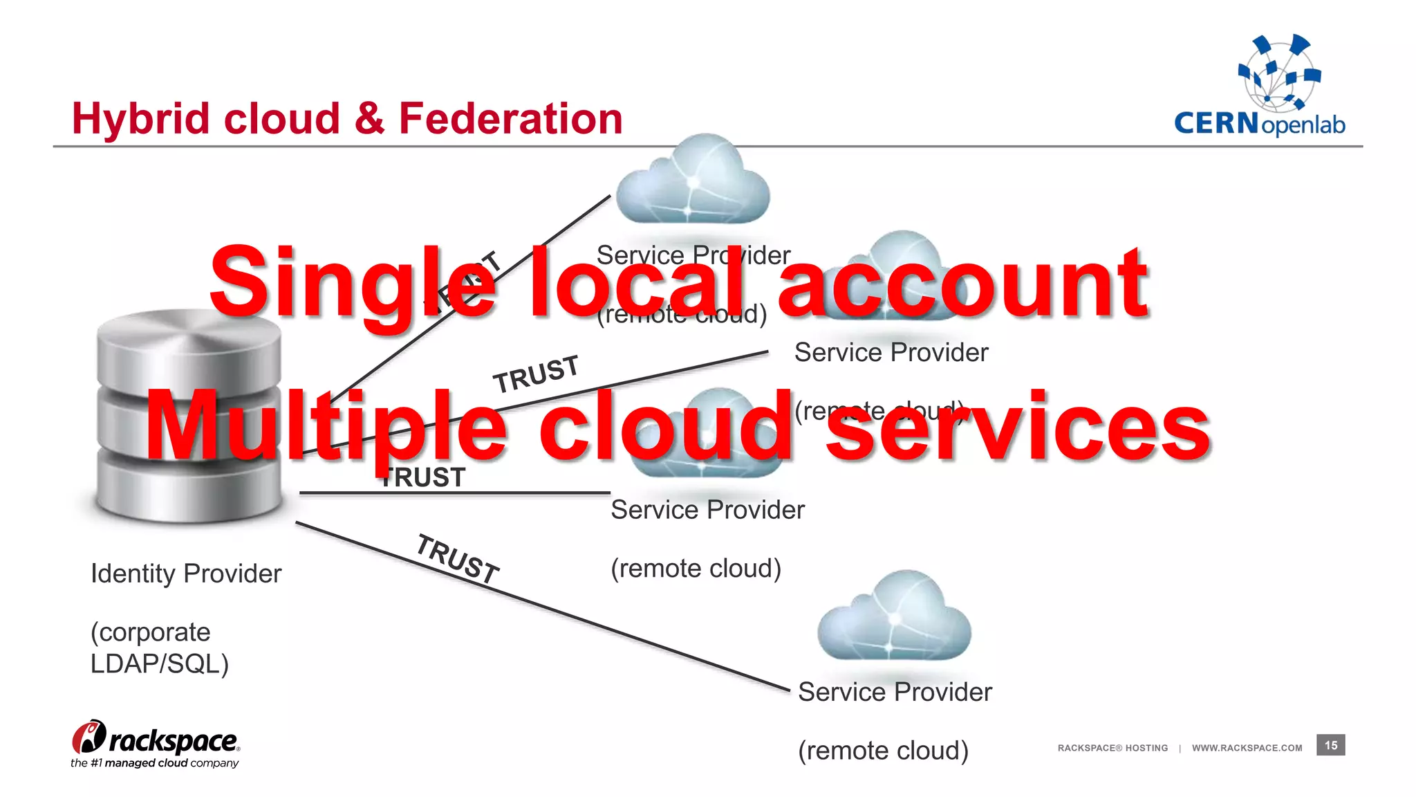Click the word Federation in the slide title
pyautogui.click(x=510, y=118)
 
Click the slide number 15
pyautogui.click(x=1330, y=745)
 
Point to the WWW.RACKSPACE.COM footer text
pyautogui.click(x=1247, y=748)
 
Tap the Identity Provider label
pyautogui.click(x=186, y=574)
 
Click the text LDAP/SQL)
pyautogui.click(x=159, y=663)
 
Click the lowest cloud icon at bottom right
pyautogui.click(x=894, y=618)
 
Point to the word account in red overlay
pyautogui.click(x=962, y=284)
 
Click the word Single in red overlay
pyautogui.click(x=353, y=284)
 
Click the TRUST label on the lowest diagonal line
pyautogui.click(x=458, y=558)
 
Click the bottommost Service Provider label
pyautogui.click(x=895, y=692)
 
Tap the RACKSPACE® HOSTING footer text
pyautogui.click(x=1112, y=748)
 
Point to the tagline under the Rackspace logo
pyautogui.click(x=154, y=763)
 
